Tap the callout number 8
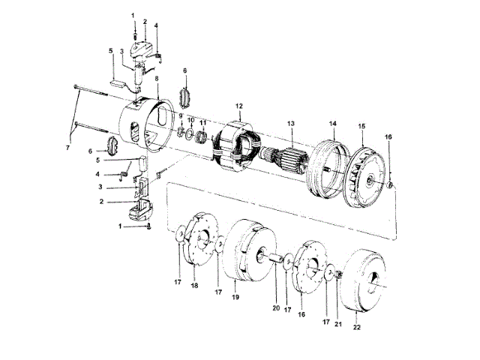(156, 79)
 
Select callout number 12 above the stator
(239, 106)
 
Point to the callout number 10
(190, 120)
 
